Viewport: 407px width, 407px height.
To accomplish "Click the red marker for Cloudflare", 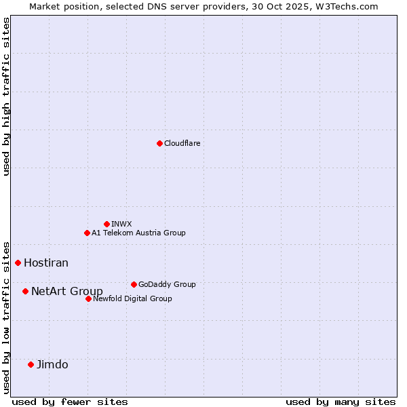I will pyautogui.click(x=159, y=143).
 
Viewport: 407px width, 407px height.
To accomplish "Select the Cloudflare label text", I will pyautogui.click(x=182, y=144).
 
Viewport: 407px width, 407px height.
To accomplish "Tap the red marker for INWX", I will pyautogui.click(x=106, y=224).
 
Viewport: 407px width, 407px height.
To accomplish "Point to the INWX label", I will pyautogui.click(x=121, y=225).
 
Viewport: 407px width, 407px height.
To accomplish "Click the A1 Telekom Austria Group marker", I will pyautogui.click(x=87, y=233).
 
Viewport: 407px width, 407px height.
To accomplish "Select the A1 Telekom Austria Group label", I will pyautogui.click(x=138, y=233).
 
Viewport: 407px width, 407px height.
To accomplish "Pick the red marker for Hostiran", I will pyautogui.click(x=18, y=263).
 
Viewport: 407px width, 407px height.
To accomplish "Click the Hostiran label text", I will pyautogui.click(x=46, y=263).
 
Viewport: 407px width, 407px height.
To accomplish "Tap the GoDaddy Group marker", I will pyautogui.click(x=134, y=284).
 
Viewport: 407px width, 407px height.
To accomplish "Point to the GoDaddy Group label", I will pyautogui.click(x=167, y=285).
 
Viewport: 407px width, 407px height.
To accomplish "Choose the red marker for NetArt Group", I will pyautogui.click(x=25, y=291).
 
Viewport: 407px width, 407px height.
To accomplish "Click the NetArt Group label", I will pyautogui.click(x=67, y=292).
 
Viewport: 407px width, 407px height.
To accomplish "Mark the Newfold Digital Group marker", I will pyautogui.click(x=88, y=298).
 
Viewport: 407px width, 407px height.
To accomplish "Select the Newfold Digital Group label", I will pyautogui.click(x=132, y=299).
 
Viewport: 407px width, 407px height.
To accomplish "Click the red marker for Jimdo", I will pyautogui.click(x=31, y=364).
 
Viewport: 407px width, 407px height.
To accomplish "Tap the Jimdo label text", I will pyautogui.click(x=52, y=365).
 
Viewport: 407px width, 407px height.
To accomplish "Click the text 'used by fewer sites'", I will pyautogui.click(x=70, y=402).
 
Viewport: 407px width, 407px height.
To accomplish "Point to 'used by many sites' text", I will pyautogui.click(x=341, y=402).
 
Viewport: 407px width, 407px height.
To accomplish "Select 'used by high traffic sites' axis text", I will pyautogui.click(x=6, y=96).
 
